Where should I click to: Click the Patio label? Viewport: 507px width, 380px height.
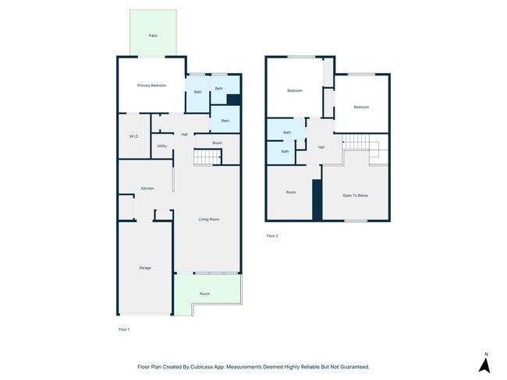pyautogui.click(x=153, y=36)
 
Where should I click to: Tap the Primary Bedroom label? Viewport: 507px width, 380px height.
pyautogui.click(x=151, y=86)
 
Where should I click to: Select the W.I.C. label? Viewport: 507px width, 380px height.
pyautogui.click(x=134, y=136)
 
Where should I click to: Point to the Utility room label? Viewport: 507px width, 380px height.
pyautogui.click(x=162, y=146)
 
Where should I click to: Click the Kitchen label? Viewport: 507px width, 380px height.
pyautogui.click(x=147, y=188)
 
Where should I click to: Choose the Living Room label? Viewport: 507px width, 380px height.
pyautogui.click(x=209, y=220)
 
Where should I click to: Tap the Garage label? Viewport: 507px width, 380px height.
pyautogui.click(x=145, y=268)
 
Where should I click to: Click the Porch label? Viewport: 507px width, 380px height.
pyautogui.click(x=204, y=294)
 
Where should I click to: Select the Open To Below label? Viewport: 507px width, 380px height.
pyautogui.click(x=356, y=195)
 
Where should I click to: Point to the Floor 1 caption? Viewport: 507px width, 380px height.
pyautogui.click(x=124, y=329)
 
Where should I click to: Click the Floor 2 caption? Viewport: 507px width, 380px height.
pyautogui.click(x=272, y=236)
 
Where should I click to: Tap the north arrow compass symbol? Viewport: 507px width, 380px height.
pyautogui.click(x=484, y=363)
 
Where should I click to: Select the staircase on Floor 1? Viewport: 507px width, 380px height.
pyautogui.click(x=207, y=157)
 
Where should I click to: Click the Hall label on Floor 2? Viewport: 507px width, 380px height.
pyautogui.click(x=321, y=147)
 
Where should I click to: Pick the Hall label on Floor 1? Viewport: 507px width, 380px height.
pyautogui.click(x=185, y=134)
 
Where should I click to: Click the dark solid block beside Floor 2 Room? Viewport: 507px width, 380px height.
pyautogui.click(x=317, y=200)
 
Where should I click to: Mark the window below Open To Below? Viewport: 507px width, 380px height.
pyautogui.click(x=356, y=221)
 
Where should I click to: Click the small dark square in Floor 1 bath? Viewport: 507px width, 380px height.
pyautogui.click(x=234, y=100)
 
